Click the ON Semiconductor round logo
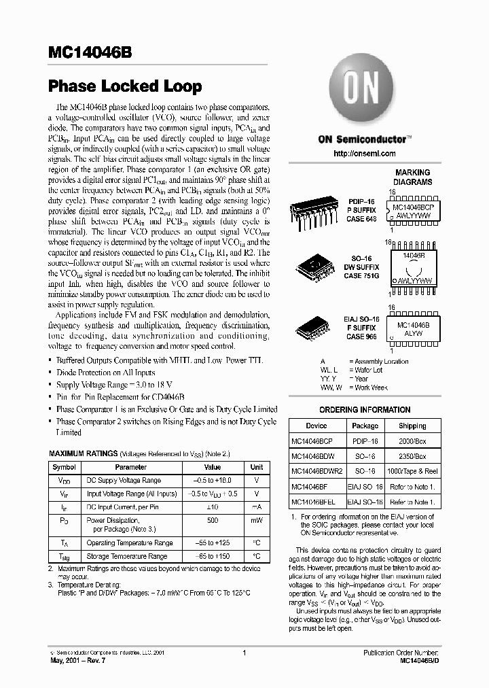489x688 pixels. coord(365,92)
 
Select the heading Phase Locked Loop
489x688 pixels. coord(125,86)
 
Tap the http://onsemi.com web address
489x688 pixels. coord(365,154)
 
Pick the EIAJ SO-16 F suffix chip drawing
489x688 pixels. coord(313,330)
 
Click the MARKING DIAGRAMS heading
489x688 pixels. coord(412,177)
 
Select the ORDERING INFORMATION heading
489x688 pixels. coord(365,410)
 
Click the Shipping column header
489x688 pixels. coord(412,426)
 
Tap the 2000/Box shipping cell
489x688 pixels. coord(412,441)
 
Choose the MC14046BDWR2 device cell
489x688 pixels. coord(313,471)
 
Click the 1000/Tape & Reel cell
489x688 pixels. coord(412,471)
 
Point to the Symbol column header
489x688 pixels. coord(65,467)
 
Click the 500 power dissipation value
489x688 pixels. coord(213,519)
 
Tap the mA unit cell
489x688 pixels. coord(257,506)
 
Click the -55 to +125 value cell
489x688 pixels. coord(213,543)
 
